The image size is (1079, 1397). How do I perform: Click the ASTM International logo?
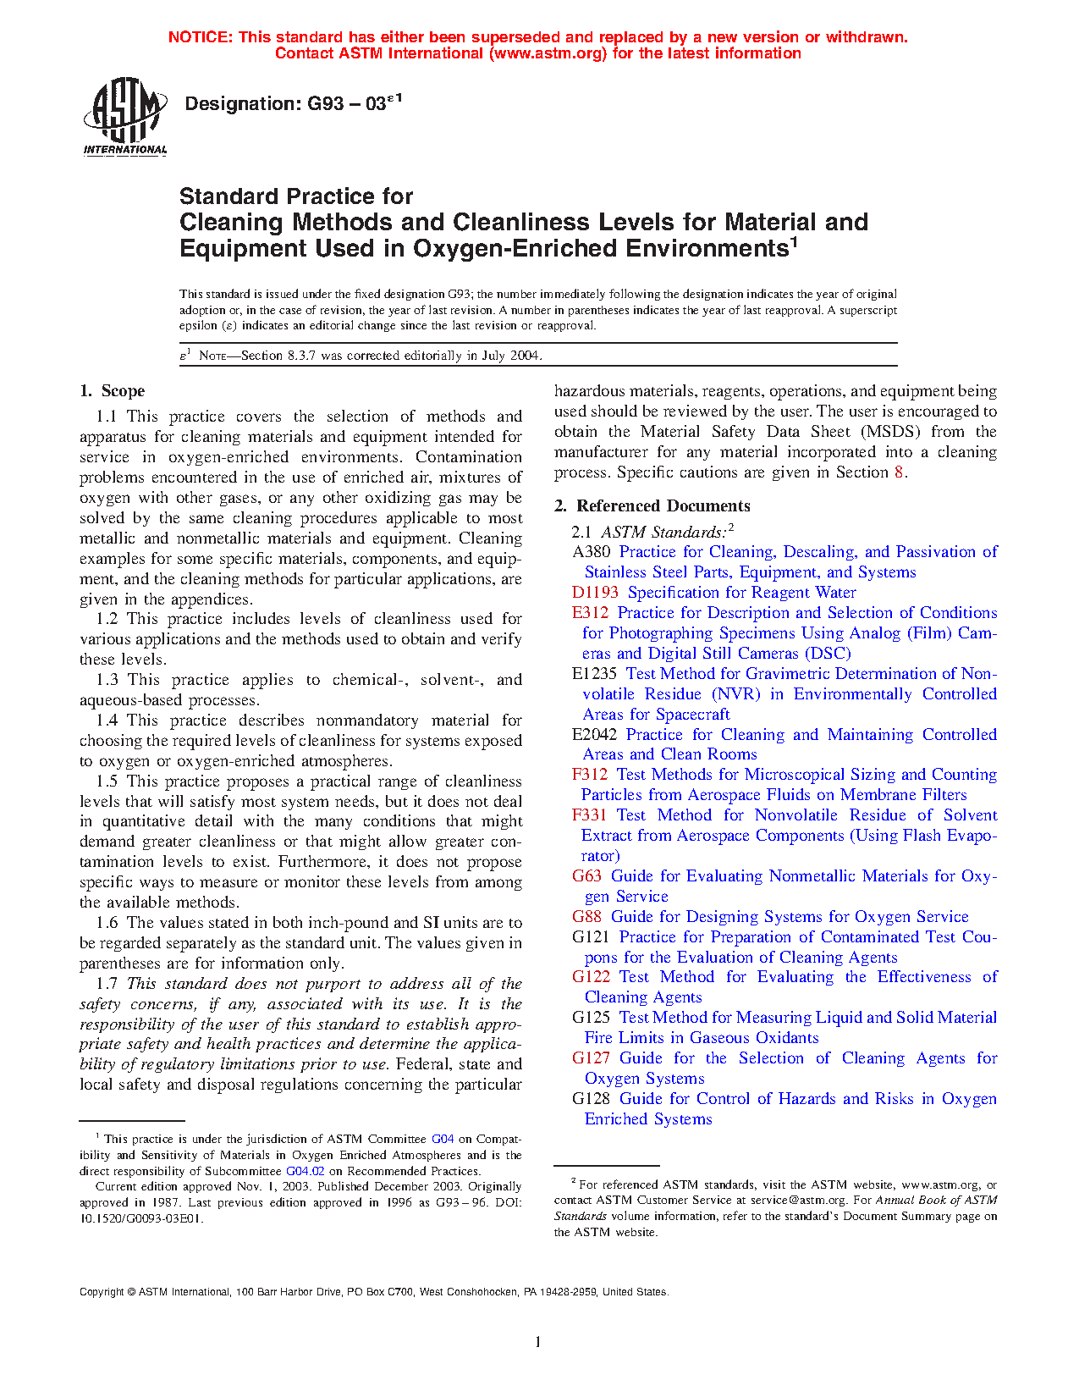coord(125,117)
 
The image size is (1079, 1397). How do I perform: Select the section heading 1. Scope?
coord(113,391)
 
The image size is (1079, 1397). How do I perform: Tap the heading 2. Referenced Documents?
coord(652,506)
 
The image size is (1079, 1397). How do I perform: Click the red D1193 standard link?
coord(595,593)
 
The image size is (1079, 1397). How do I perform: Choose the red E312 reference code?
coord(590,613)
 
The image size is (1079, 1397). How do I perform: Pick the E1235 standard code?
coord(594,674)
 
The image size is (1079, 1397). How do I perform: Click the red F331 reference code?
coord(589,815)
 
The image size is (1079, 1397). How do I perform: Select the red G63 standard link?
coord(586,876)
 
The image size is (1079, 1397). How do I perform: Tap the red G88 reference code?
coord(586,917)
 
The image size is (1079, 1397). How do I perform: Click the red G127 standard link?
coord(591,1058)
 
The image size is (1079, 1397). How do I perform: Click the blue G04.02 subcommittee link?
coord(305,1172)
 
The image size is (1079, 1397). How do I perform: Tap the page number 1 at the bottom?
coord(538,1341)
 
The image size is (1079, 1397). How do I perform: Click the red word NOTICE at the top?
coord(200,37)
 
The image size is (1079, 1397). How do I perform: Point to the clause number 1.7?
coord(107,984)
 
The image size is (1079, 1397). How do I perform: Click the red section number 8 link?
coord(899,472)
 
